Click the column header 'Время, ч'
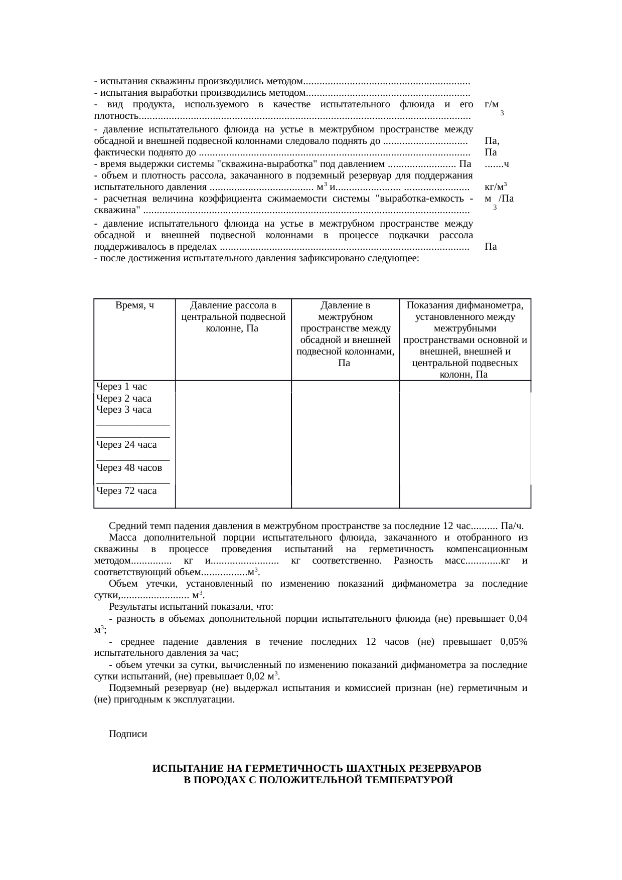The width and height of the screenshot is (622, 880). point(134,305)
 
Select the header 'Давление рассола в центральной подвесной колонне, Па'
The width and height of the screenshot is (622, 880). point(233,317)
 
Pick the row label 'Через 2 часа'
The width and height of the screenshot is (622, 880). point(124,399)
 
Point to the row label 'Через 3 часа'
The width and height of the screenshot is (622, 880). point(124,410)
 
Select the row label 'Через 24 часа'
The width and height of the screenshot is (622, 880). point(126,444)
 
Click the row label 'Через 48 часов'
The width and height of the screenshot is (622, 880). point(129,467)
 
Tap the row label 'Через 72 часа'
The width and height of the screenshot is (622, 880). point(126,490)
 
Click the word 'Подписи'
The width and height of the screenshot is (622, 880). point(128,734)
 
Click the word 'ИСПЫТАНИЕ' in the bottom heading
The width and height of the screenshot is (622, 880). point(182,769)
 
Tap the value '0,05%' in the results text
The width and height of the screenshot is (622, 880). point(514,642)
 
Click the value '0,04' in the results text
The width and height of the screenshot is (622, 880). point(518,619)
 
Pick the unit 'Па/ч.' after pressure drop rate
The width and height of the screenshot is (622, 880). point(513,526)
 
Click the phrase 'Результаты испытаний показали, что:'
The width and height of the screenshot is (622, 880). point(191,607)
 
